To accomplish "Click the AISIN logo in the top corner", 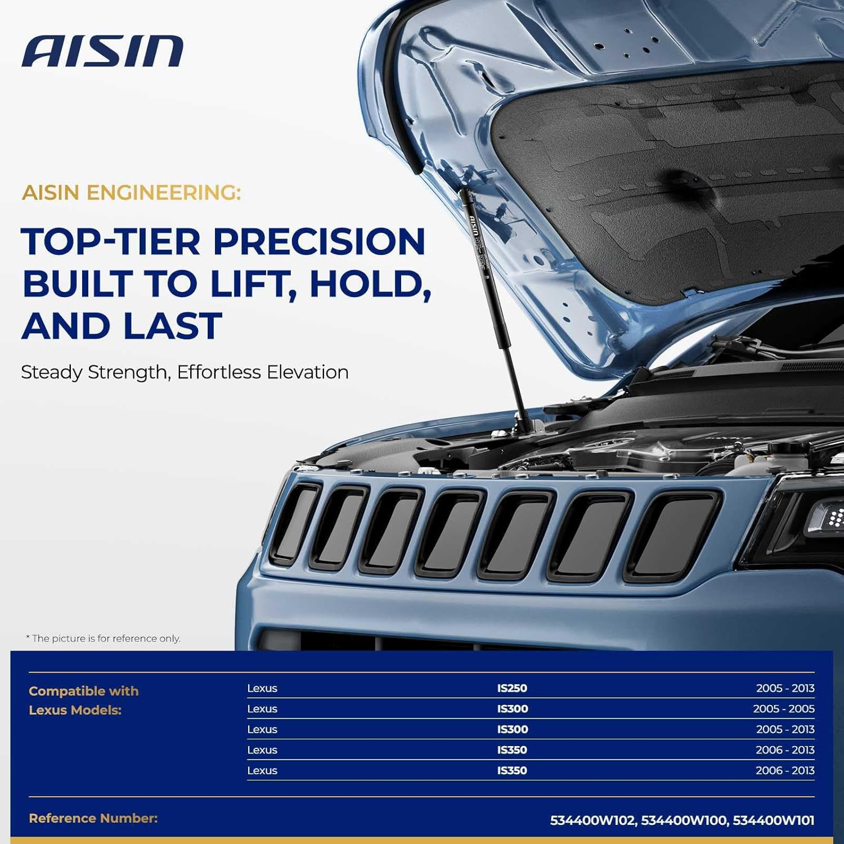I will click(102, 51).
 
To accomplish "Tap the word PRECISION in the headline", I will click(318, 242).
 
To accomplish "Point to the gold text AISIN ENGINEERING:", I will click(131, 193).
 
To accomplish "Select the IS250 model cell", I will click(512, 688).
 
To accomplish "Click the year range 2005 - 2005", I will click(783, 709).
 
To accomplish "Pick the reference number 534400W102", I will click(592, 820).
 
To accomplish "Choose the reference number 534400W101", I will click(774, 820).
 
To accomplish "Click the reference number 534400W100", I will click(683, 820).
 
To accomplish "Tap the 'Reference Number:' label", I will click(93, 819).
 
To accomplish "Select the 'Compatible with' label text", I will click(84, 691).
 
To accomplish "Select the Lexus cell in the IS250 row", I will click(262, 688).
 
